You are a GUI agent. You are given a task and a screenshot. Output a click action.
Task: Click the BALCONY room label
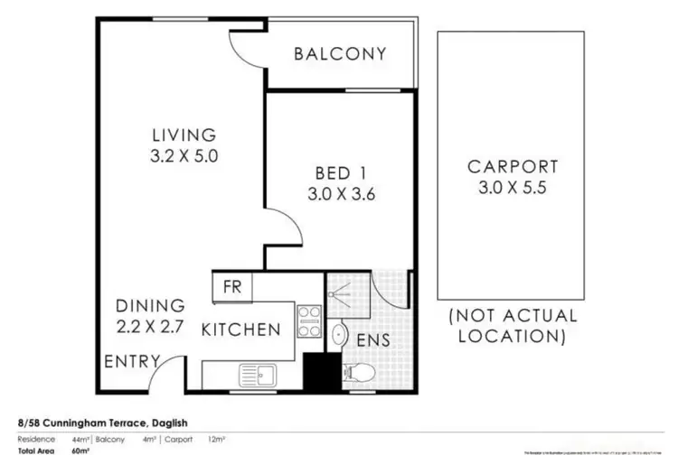point(340,53)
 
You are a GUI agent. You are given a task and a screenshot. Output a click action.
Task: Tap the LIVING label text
point(184,135)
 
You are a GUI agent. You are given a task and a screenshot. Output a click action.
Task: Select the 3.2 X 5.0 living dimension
point(184,155)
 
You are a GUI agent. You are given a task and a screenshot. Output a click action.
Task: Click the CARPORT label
point(513,167)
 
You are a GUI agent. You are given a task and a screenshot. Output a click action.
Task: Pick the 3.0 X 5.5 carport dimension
point(513,188)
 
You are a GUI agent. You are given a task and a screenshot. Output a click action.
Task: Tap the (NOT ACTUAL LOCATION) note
point(513,326)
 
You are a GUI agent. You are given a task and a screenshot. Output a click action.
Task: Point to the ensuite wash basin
point(338,336)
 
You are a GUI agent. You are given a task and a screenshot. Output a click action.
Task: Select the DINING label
point(150,306)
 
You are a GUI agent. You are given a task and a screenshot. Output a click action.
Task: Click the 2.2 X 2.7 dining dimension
point(150,326)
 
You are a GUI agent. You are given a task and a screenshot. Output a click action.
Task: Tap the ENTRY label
point(133,362)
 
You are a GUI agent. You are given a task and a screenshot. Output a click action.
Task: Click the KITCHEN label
point(240,330)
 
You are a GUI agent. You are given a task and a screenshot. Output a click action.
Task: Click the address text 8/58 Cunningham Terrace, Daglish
point(101,422)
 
